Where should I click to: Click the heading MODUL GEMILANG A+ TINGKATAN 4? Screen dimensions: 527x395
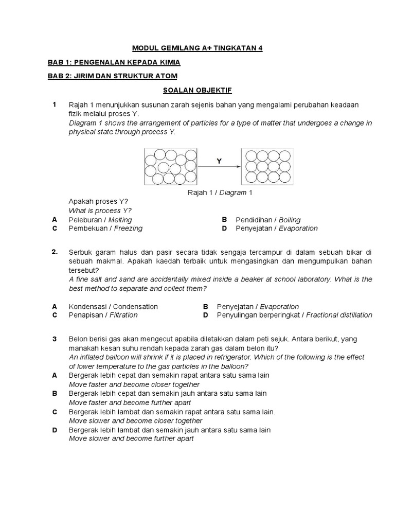pyautogui.click(x=197, y=48)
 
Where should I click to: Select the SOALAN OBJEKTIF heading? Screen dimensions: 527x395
pyautogui.click(x=197, y=90)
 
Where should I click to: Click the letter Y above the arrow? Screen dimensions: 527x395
pyautogui.click(x=219, y=161)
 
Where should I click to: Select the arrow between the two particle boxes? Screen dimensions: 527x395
pyautogui.click(x=220, y=167)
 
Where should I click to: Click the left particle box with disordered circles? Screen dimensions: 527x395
pyautogui.click(x=171, y=167)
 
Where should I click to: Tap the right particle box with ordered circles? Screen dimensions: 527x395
pyautogui.click(x=268, y=167)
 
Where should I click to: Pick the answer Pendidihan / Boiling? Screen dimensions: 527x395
pyautogui.click(x=268, y=220)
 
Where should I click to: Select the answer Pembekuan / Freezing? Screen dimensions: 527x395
pyautogui.click(x=105, y=228)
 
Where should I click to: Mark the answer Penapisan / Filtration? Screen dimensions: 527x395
pyautogui.click(x=103, y=314)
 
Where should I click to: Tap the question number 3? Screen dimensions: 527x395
pyautogui.click(x=54, y=339)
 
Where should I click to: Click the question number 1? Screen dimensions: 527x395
pyautogui.click(x=54, y=104)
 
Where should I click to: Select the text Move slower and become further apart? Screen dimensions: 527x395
pyautogui.click(x=131, y=438)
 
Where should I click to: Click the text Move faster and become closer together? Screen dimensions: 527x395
pyautogui.click(x=134, y=384)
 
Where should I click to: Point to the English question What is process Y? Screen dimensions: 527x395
pyautogui.click(x=100, y=210)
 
